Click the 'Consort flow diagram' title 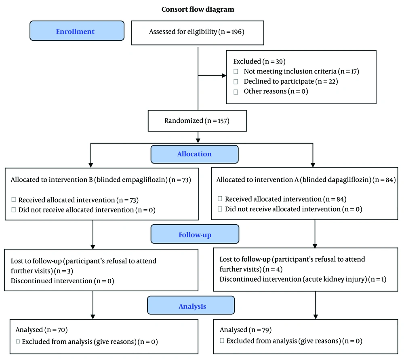(x=198, y=10)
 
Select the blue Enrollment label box (x=77, y=31)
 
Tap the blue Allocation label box (x=195, y=154)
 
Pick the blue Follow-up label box (x=195, y=234)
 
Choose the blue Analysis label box (x=191, y=305)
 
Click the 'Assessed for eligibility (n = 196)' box (x=198, y=33)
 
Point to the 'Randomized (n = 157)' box (x=197, y=120)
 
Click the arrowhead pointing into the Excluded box (x=224, y=76)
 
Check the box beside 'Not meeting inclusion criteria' (x=236, y=72)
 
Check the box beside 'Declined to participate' (x=236, y=82)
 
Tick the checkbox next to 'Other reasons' (x=236, y=92)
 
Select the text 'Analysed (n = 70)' (x=42, y=330)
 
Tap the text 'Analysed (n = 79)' (x=246, y=330)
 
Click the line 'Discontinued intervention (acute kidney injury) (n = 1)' (x=303, y=279)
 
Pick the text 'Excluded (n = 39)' (x=259, y=61)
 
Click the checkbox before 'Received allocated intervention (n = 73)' (x=14, y=200)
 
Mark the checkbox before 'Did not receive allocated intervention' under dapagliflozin (x=220, y=209)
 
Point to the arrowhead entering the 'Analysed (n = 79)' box (x=316, y=317)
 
